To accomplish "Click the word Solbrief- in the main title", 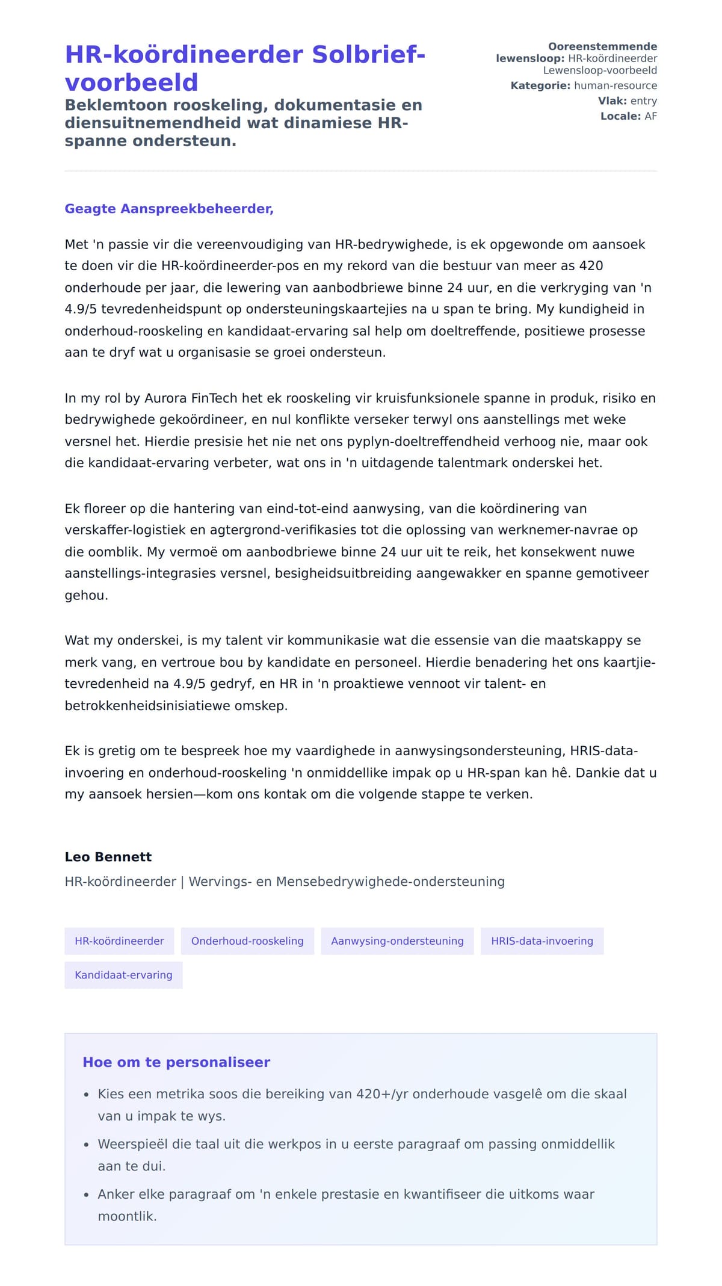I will pyautogui.click(x=368, y=55).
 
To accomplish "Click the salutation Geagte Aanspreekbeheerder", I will pyautogui.click(x=169, y=209).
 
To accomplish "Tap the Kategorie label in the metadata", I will pyautogui.click(x=540, y=85).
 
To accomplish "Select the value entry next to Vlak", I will pyautogui.click(x=643, y=101).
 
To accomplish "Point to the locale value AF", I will pyautogui.click(x=650, y=116).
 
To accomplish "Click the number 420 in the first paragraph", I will pyautogui.click(x=591, y=266).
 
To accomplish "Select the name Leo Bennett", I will pyautogui.click(x=108, y=857).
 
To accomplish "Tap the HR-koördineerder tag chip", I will pyautogui.click(x=119, y=941).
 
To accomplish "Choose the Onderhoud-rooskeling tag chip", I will pyautogui.click(x=247, y=941).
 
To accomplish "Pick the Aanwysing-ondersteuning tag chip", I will pyautogui.click(x=397, y=941).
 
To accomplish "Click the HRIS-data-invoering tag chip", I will pyautogui.click(x=541, y=941).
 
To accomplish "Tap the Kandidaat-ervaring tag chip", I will pyautogui.click(x=123, y=975).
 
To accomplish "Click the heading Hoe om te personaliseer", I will pyautogui.click(x=176, y=1062).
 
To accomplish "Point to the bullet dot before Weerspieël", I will pyautogui.click(x=87, y=1145).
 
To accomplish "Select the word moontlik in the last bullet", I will pyautogui.click(x=127, y=1216).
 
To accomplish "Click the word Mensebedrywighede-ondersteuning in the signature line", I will pyautogui.click(x=390, y=882).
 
